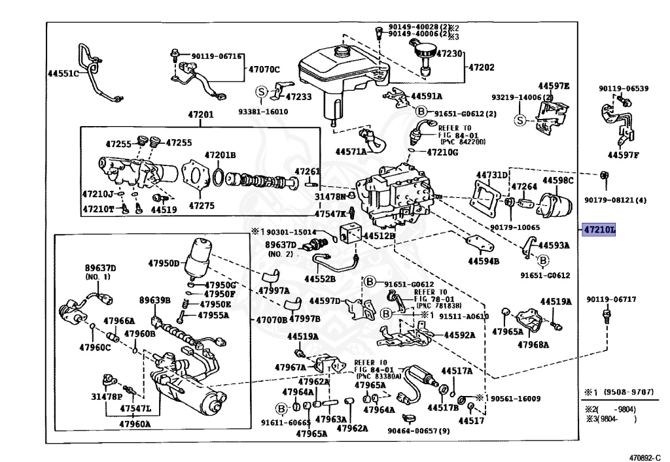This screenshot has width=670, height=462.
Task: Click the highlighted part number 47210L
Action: tap(599, 230)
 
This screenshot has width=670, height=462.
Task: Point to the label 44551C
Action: tap(63, 74)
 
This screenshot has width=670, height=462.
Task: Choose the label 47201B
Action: tap(220, 155)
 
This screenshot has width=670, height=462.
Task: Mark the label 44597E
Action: tap(554, 86)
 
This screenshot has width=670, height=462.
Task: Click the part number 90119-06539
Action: tap(624, 88)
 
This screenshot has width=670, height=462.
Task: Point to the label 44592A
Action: tap(459, 335)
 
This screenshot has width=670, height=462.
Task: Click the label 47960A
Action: tap(135, 423)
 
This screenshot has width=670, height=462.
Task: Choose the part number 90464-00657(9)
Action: tap(418, 431)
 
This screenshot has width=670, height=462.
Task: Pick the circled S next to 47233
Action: tap(261, 92)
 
